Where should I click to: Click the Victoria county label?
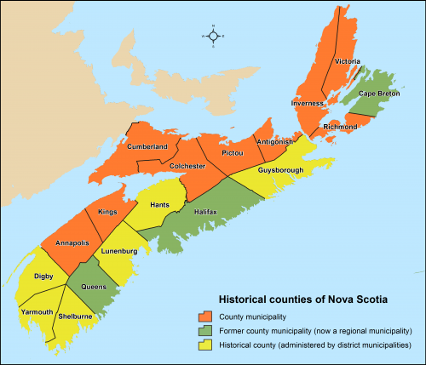[348, 61]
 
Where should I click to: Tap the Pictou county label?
[232, 152]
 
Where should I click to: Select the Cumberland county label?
[147, 146]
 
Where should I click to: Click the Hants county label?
[159, 205]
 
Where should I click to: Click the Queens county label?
[94, 286]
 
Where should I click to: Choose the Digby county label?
[44, 276]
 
